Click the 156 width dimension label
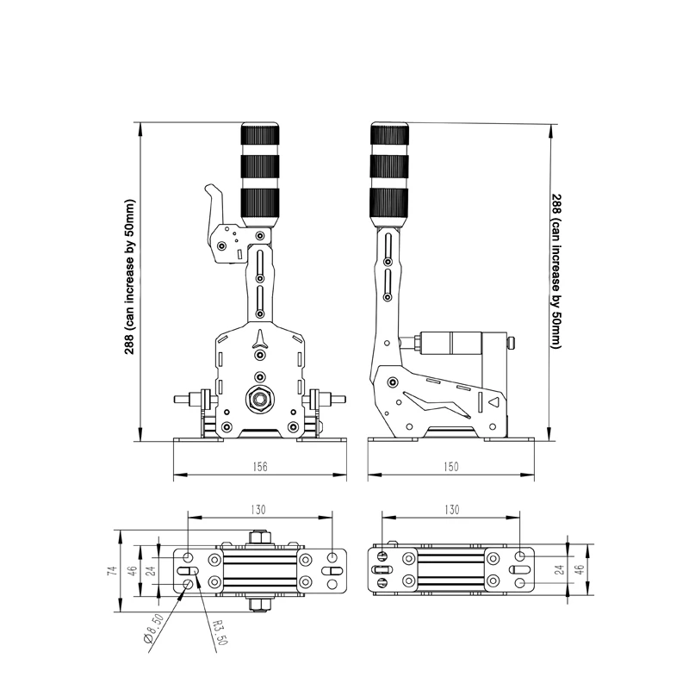(x=260, y=466)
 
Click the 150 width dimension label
(x=451, y=466)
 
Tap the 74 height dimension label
(x=113, y=571)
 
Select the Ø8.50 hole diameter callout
(x=154, y=629)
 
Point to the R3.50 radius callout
(x=220, y=632)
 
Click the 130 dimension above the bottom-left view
(x=258, y=509)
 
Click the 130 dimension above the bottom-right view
(x=451, y=509)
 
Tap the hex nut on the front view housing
(x=259, y=400)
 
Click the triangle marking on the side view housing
(x=494, y=401)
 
